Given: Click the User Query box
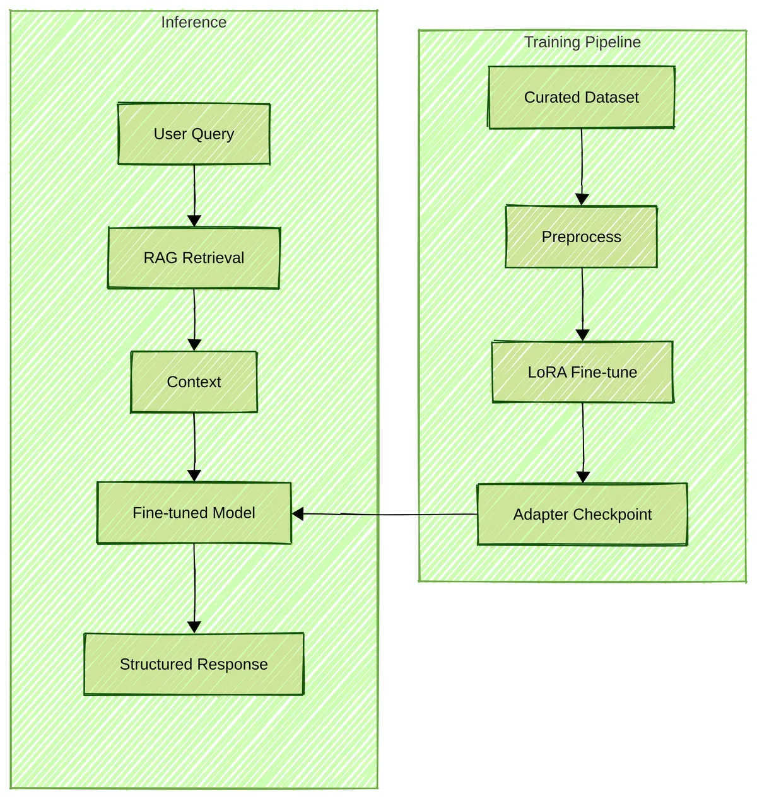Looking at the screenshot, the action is click(194, 134).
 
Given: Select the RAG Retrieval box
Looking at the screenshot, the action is click(194, 258).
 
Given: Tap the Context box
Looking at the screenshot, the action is click(194, 382).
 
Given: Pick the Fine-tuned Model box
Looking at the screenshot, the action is click(194, 513).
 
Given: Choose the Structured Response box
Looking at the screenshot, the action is click(194, 664).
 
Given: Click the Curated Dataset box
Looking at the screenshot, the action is click(582, 97).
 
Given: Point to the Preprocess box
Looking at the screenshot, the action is click(582, 236).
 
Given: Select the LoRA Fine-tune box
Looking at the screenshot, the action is click(582, 372).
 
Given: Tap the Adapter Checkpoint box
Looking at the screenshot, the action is click(582, 514).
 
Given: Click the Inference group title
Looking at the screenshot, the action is click(194, 22).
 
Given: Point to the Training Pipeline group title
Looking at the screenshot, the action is click(582, 42).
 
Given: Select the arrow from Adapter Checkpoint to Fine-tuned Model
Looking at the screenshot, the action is click(385, 514).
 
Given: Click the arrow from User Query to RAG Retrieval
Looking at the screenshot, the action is click(194, 195).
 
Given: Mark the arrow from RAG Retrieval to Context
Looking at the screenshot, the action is click(194, 320).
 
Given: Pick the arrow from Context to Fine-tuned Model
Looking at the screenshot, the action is click(194, 447).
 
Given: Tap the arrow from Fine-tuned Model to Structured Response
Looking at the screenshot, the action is click(194, 588).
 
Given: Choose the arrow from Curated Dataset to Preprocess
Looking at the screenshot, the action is click(582, 167).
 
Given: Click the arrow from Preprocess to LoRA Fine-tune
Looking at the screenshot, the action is click(582, 304).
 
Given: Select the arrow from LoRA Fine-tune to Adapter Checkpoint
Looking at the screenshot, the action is click(583, 443).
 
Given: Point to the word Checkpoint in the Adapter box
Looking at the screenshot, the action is click(613, 515).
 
